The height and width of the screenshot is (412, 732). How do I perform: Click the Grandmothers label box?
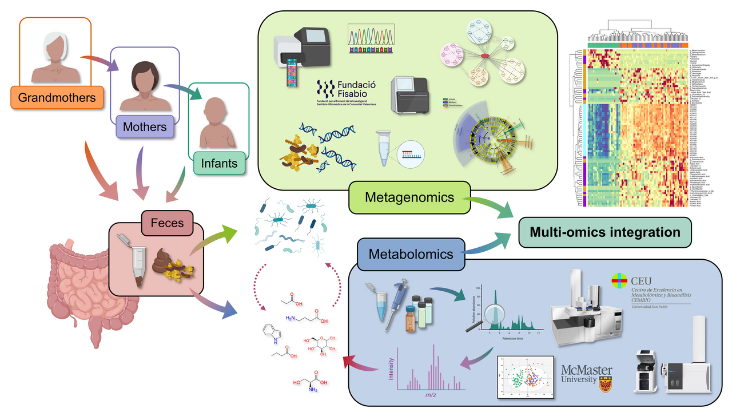click(x=57, y=97)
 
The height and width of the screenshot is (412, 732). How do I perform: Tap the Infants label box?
click(x=219, y=164)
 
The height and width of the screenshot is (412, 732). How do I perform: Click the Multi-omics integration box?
click(x=604, y=232)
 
